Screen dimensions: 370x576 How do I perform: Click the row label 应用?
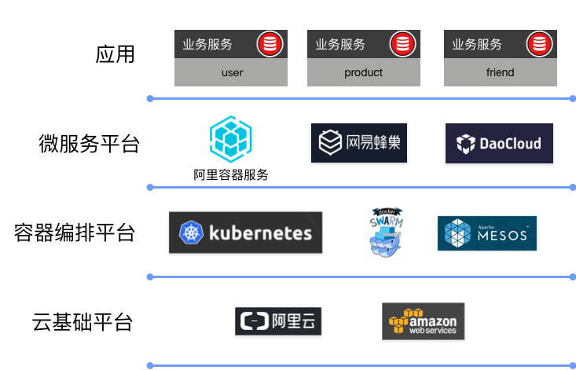point(116,54)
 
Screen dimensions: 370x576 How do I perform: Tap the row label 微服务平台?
point(89,144)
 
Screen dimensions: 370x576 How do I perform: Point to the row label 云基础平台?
point(83,322)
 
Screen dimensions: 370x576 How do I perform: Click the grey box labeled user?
point(231,72)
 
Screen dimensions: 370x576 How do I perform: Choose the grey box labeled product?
point(363,72)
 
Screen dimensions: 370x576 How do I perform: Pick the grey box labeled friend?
point(500,72)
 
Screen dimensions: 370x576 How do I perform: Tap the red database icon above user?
point(269,43)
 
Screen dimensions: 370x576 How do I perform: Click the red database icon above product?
point(402,43)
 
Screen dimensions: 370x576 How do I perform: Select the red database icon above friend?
point(539,43)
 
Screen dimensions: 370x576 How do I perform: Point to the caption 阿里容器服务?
point(230,175)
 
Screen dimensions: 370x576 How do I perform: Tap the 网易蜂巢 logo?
point(359,143)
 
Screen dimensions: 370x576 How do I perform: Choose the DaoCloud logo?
point(499,143)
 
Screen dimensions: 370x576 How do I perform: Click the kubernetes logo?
point(245,233)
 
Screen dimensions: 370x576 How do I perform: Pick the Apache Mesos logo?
point(486,233)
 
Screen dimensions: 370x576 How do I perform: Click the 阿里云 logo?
point(278,321)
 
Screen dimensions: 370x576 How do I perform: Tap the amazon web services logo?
point(423,321)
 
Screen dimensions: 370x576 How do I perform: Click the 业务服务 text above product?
point(340,44)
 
